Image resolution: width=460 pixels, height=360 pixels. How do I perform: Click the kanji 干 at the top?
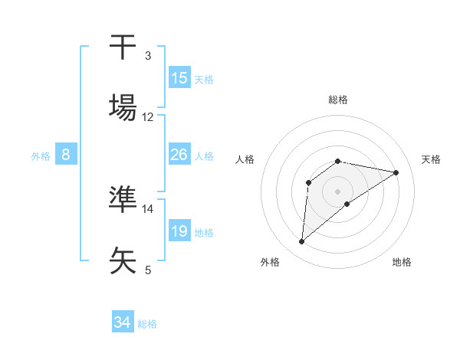click(x=123, y=47)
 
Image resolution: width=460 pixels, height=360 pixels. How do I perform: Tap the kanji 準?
click(x=123, y=199)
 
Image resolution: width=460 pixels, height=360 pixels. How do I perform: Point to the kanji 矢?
click(x=123, y=259)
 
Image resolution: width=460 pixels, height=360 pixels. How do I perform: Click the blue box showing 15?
click(x=179, y=78)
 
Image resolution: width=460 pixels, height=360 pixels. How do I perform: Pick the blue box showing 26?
click(x=179, y=155)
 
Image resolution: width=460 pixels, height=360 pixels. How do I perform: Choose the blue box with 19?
click(x=179, y=231)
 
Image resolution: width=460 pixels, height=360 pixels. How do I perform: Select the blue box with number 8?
click(x=66, y=155)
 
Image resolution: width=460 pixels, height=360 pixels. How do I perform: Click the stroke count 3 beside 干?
click(x=148, y=56)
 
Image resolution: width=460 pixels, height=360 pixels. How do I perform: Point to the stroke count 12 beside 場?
click(x=148, y=117)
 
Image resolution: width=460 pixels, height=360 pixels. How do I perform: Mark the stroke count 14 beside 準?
click(x=148, y=208)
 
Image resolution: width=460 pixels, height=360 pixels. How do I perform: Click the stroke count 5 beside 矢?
click(x=148, y=270)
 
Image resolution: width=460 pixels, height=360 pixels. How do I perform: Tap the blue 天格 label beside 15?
click(x=204, y=79)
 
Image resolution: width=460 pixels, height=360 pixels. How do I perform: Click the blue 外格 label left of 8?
click(x=41, y=155)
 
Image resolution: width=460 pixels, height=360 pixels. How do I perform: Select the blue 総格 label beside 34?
click(x=147, y=323)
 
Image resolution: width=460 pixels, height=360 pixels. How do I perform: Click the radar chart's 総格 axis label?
click(x=338, y=100)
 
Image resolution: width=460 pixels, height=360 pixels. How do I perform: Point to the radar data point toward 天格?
click(x=396, y=172)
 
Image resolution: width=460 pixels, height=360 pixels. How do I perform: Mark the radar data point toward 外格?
click(x=302, y=242)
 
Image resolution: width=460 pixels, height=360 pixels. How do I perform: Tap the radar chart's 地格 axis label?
click(x=402, y=262)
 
